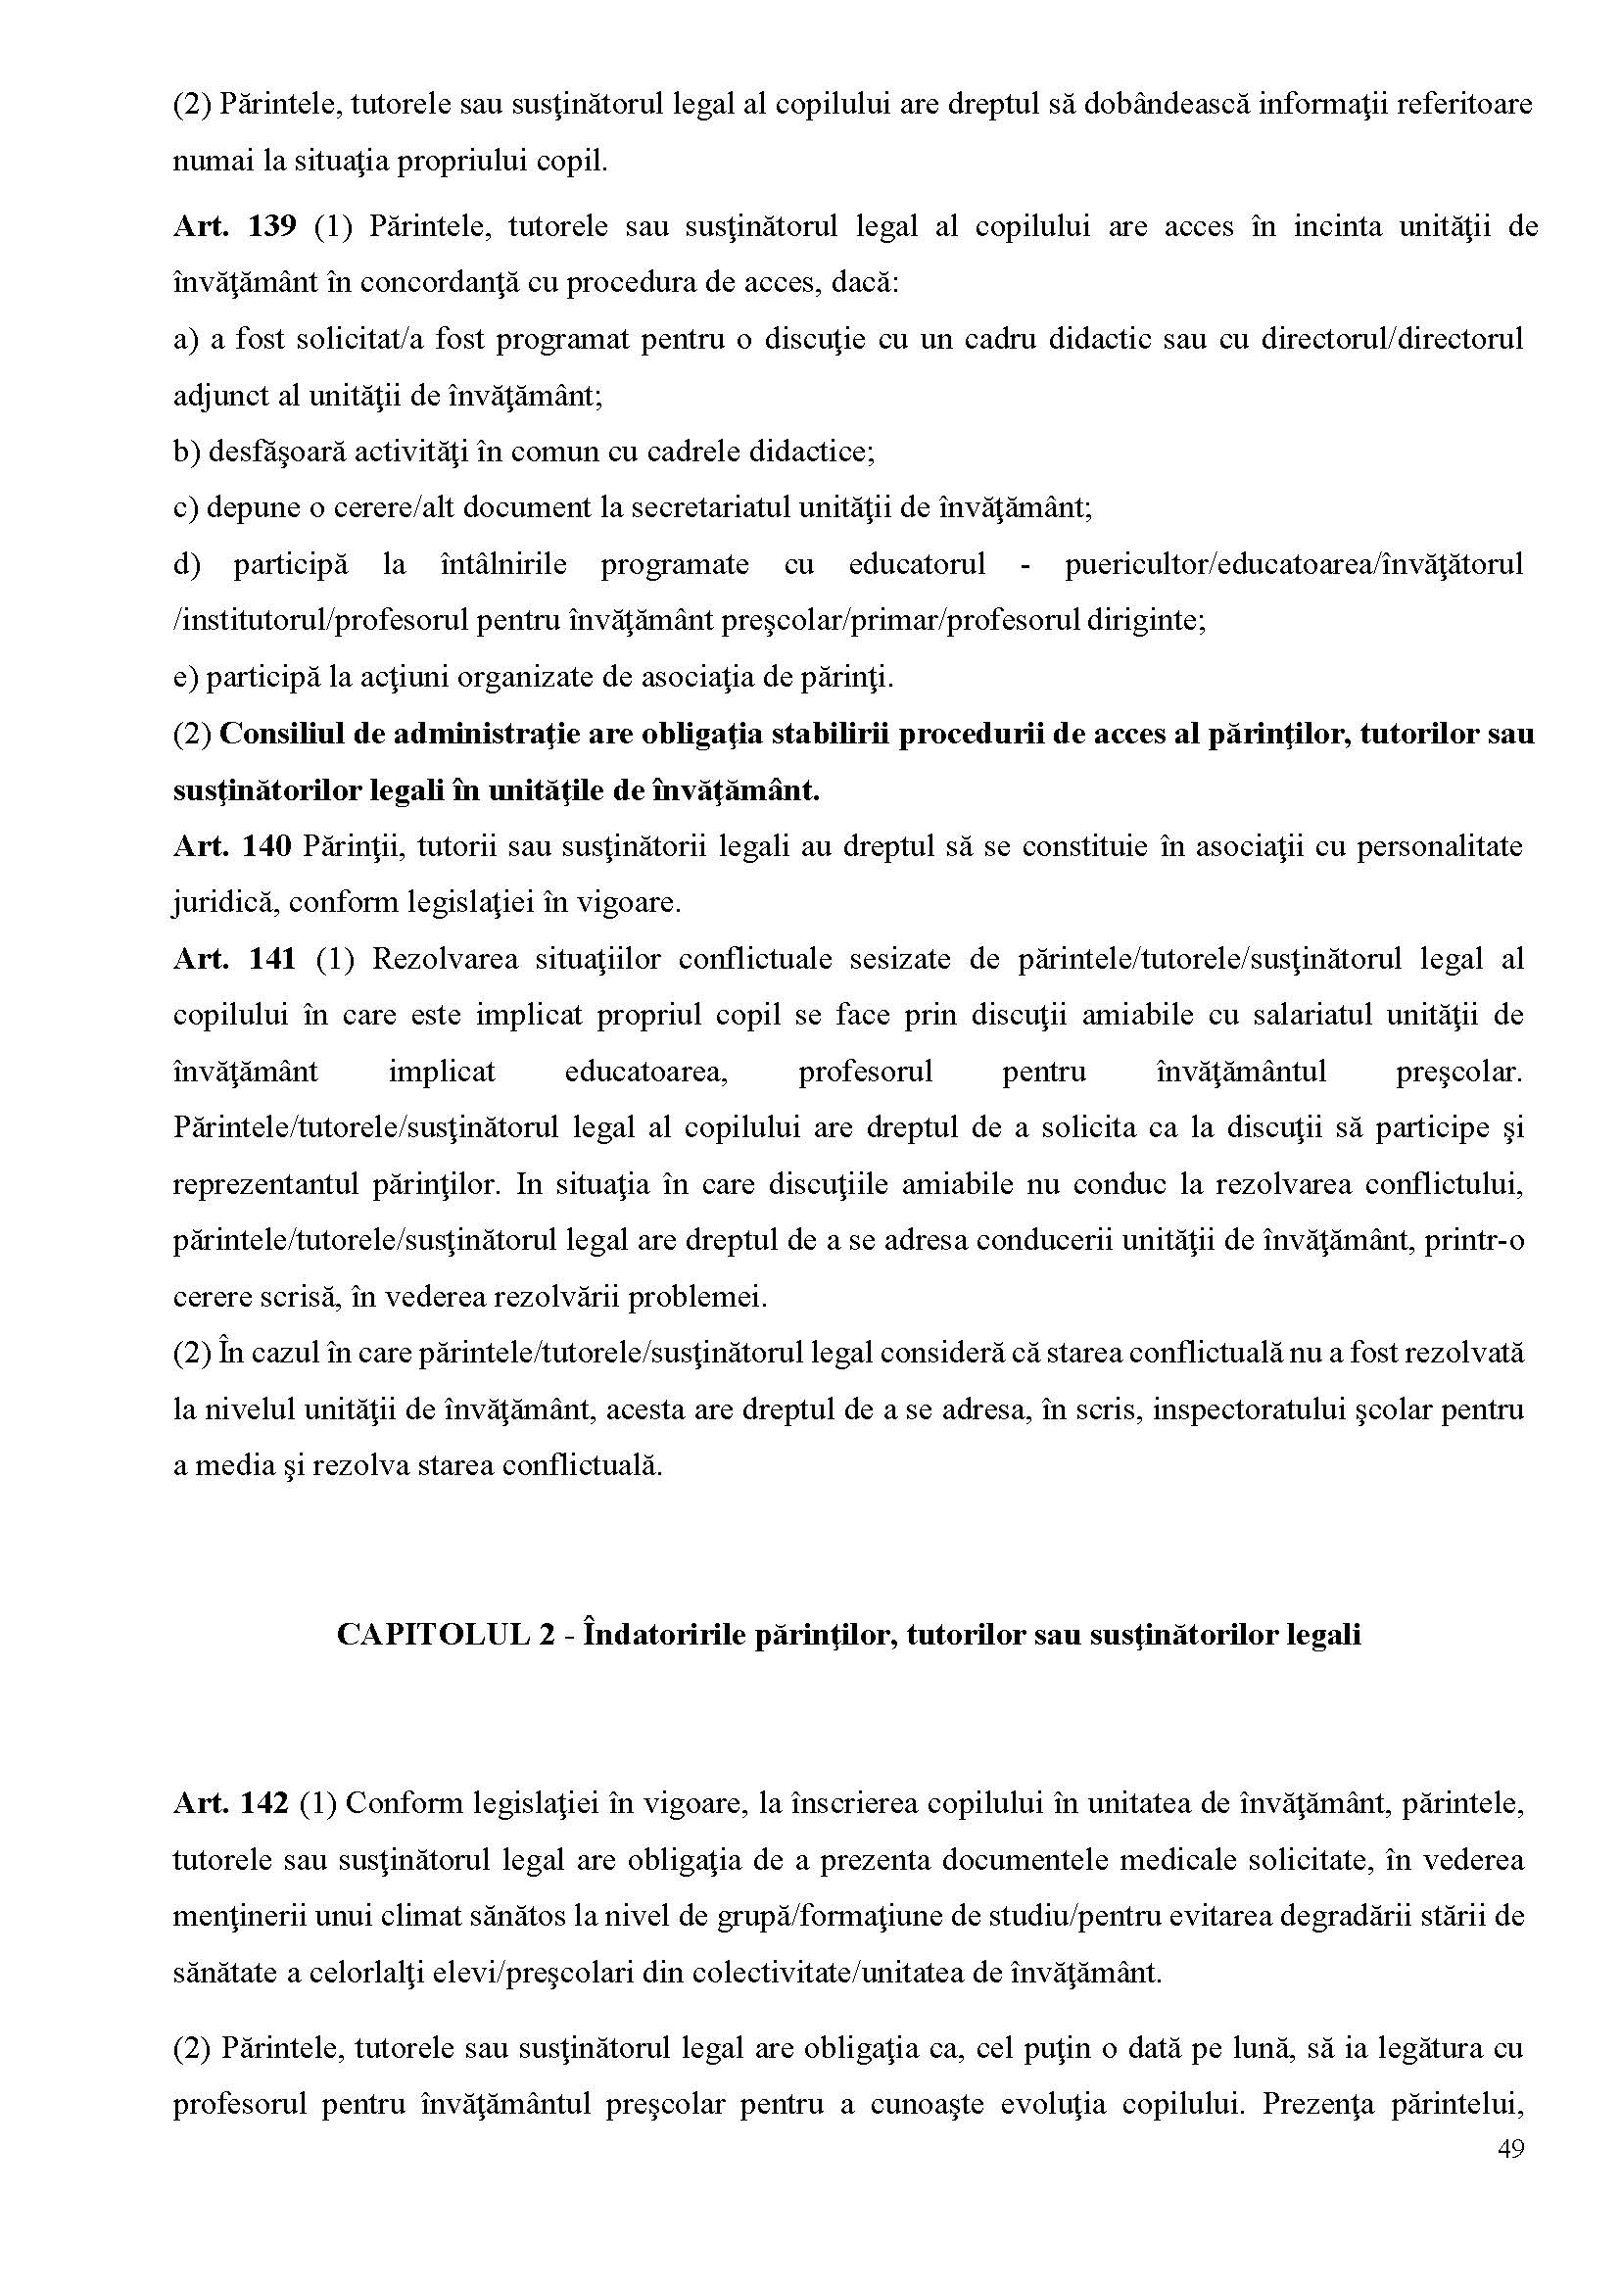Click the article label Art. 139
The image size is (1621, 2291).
[234, 227]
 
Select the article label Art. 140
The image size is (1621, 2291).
[231, 846]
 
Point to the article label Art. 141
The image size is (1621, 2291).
[234, 959]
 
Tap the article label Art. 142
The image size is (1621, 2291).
[231, 1803]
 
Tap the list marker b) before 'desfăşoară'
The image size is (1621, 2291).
[187, 453]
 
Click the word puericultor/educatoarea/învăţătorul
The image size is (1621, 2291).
[1294, 565]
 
